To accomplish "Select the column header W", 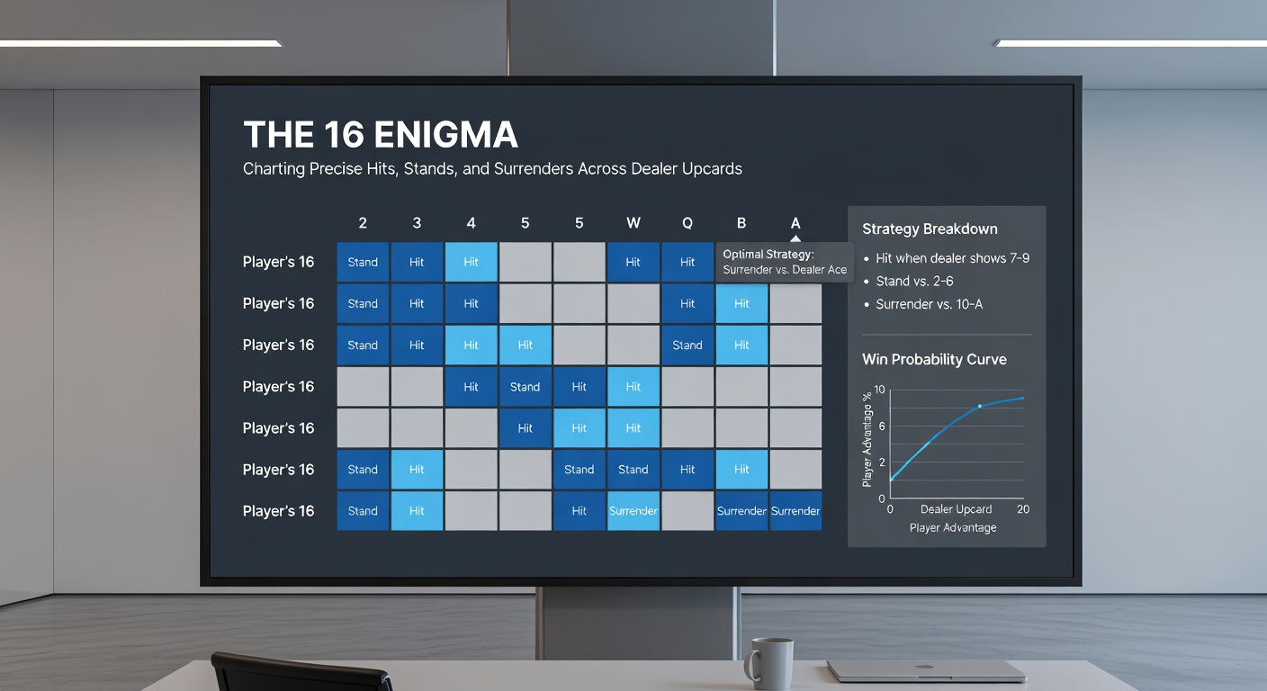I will pos(633,223).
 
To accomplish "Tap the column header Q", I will pos(687,223).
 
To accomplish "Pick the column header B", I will pos(741,223).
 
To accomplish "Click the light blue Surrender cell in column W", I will pos(633,511).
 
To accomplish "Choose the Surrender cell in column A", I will pos(795,511).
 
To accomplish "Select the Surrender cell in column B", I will pos(741,511).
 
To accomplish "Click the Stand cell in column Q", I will pos(687,345).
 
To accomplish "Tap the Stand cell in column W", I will pos(633,470).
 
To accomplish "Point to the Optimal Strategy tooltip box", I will pos(785,263).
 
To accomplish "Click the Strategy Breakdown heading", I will pos(930,229).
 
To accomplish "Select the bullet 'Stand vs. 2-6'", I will pos(916,282).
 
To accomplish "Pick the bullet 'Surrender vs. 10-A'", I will pos(929,305).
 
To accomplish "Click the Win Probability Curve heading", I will pos(934,360).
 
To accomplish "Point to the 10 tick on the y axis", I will pos(880,390).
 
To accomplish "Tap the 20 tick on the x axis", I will pos(1023,509).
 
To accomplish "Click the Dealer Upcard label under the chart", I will pos(955,509).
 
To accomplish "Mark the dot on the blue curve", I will pos(980,407).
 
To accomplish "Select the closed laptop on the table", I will pos(926,670).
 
